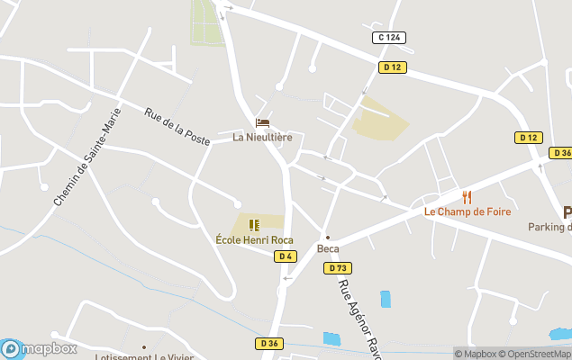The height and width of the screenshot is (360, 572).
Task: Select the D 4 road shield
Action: click(286, 256)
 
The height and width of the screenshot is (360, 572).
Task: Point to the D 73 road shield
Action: click(339, 268)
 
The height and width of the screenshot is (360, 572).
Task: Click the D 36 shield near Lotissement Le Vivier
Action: click(268, 343)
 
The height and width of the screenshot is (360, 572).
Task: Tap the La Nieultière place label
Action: click(262, 138)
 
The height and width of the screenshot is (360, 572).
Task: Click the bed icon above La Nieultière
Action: click(262, 122)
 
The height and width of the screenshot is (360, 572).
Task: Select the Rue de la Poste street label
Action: click(177, 127)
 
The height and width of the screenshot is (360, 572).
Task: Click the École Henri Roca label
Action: click(255, 239)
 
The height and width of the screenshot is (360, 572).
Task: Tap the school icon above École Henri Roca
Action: click(254, 224)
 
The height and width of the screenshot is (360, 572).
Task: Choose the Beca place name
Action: click(328, 249)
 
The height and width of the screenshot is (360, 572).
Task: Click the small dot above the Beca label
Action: click(328, 238)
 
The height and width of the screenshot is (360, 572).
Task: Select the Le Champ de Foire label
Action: click(468, 212)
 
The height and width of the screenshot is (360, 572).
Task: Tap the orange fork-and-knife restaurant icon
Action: click(467, 197)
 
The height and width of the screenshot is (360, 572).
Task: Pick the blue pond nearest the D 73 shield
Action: click(386, 300)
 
